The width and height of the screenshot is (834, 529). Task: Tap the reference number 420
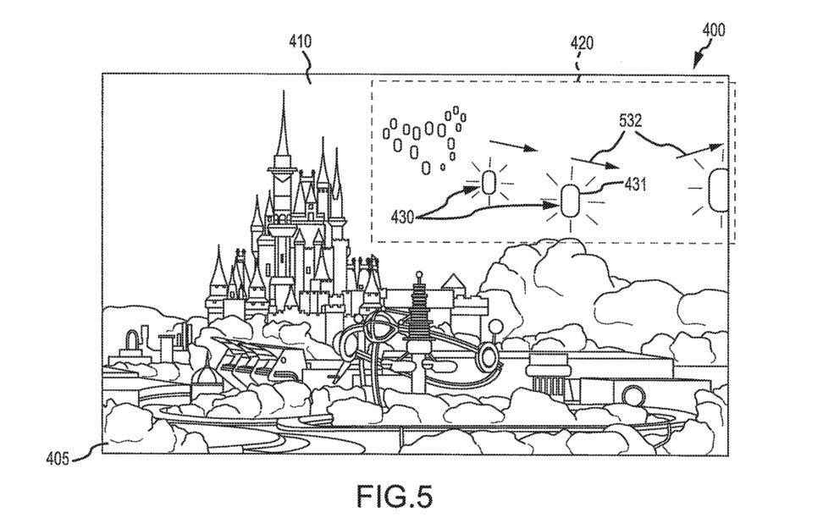(581, 41)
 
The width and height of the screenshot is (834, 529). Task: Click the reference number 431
(635, 183)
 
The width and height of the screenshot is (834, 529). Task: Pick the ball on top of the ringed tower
(419, 274)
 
